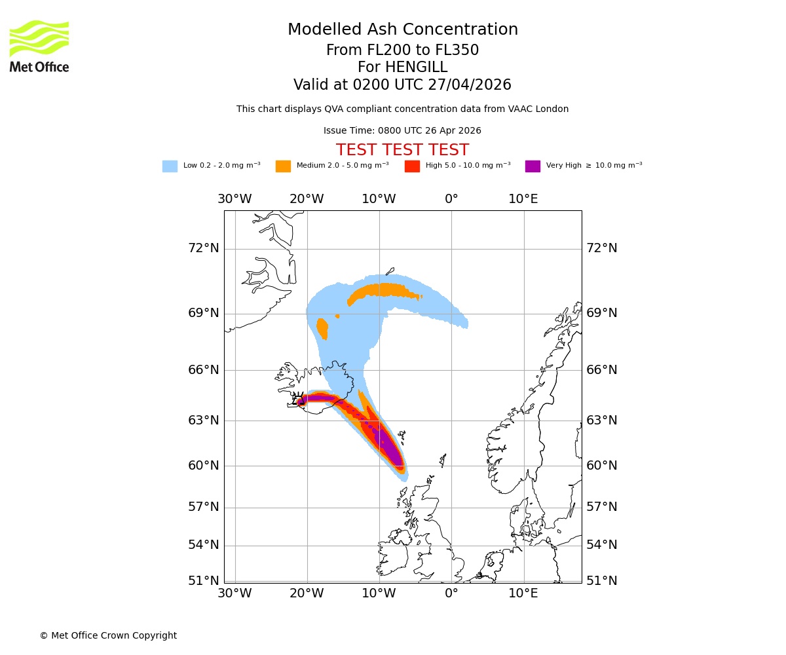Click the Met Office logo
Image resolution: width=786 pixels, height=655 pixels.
coord(39,46)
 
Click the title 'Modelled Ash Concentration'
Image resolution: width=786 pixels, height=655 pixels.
coord(402,30)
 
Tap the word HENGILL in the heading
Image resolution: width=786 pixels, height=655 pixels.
coord(415,67)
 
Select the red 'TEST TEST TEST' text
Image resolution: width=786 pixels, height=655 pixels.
coord(402,150)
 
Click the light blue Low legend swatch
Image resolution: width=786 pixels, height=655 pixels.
coord(170,166)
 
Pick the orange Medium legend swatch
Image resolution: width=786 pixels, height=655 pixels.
coord(283,166)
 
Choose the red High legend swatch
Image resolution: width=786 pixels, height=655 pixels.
coord(412,166)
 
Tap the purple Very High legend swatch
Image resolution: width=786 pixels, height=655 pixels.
coord(533,166)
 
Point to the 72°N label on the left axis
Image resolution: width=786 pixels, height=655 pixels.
coord(204,248)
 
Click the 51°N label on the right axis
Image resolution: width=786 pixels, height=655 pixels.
coord(601,581)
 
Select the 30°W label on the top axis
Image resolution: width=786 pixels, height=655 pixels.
coord(234,199)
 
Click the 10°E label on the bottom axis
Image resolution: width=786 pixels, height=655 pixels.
coord(523,593)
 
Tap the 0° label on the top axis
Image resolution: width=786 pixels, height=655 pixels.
coord(451,199)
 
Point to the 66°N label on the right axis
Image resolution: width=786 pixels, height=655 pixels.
coord(601,370)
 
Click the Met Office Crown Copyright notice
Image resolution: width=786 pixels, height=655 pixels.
coord(108,635)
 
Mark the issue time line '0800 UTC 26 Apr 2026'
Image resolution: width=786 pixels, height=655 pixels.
coord(402,131)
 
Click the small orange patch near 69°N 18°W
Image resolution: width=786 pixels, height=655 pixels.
coord(322,327)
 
